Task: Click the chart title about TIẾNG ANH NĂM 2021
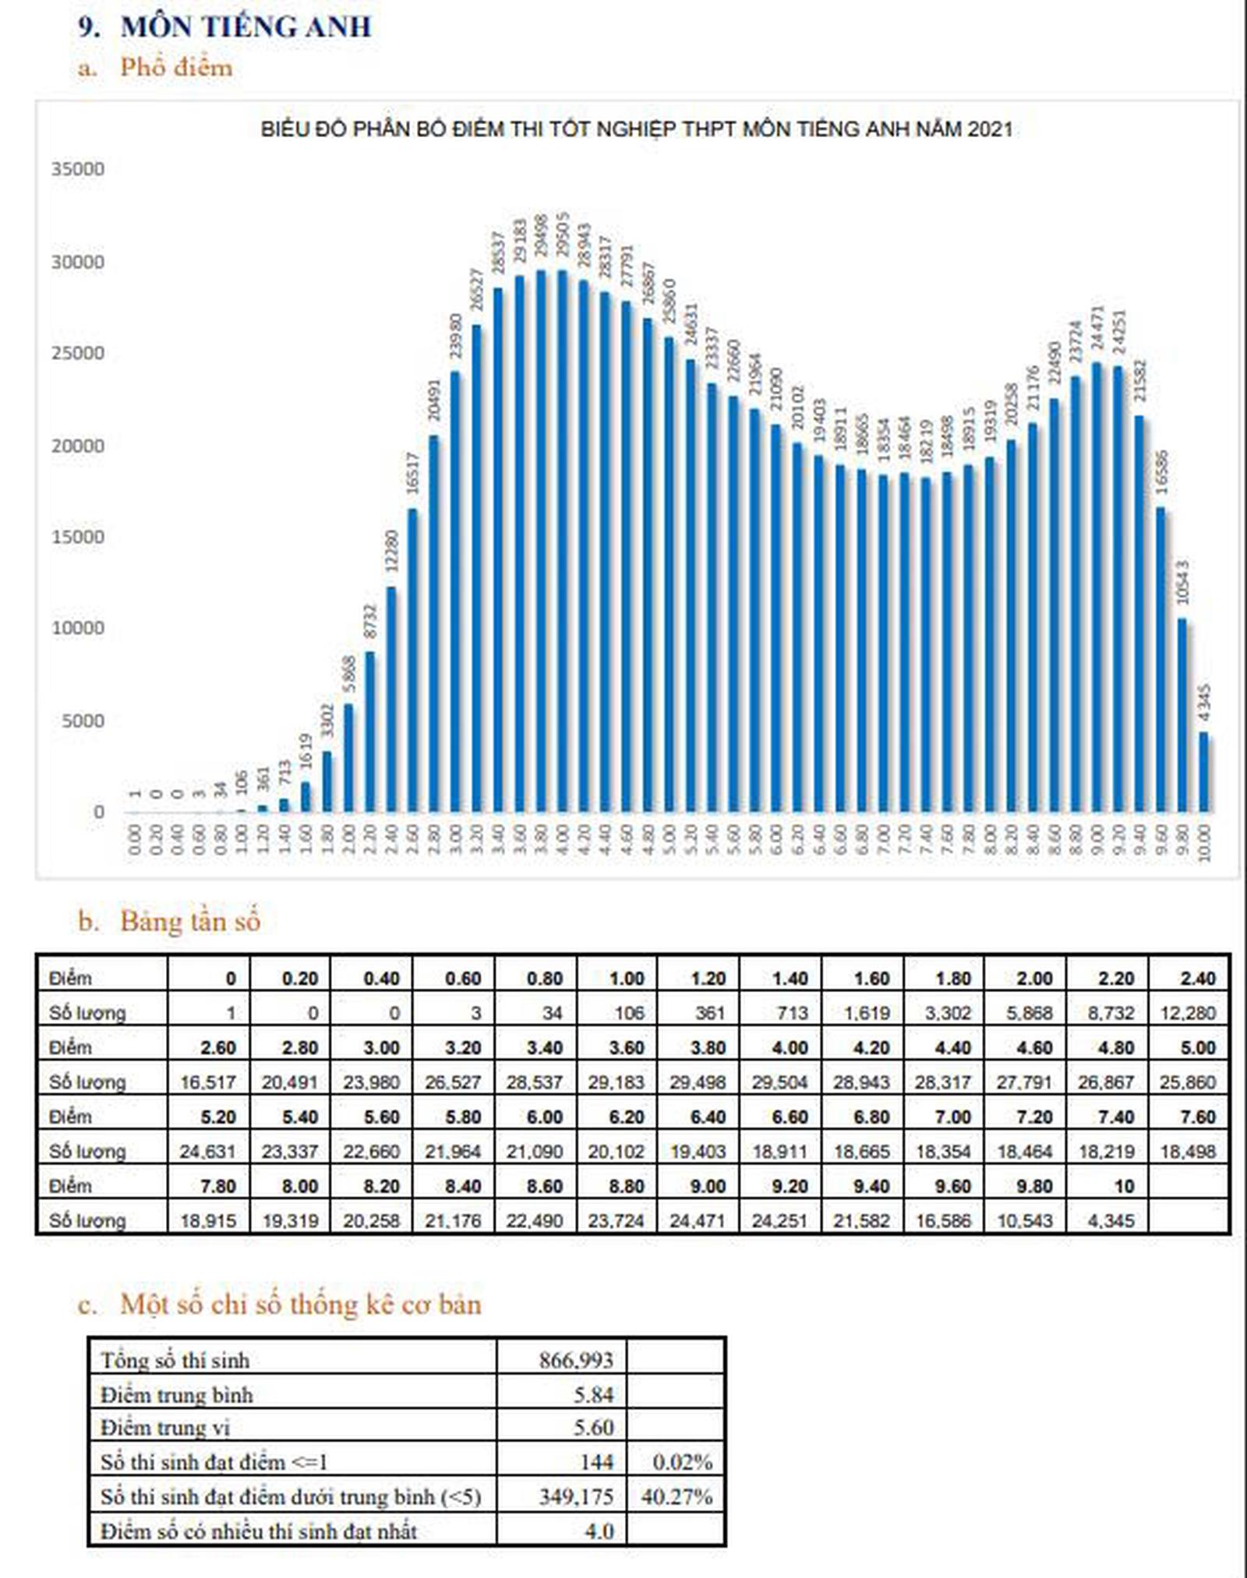636,129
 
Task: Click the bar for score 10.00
1204,771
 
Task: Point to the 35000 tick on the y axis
78,169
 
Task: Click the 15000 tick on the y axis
78,537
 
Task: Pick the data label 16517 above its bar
413,473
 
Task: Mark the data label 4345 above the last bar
1205,703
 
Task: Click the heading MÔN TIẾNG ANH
246,27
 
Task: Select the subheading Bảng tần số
189,921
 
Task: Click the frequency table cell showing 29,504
779,1082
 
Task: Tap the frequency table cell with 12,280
1188,1013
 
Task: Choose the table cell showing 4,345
1111,1220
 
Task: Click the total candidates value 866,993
576,1361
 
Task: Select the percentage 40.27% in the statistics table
676,1497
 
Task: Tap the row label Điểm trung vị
165,1428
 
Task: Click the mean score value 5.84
594,1394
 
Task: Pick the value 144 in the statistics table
596,1463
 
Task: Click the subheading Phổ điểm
176,67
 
